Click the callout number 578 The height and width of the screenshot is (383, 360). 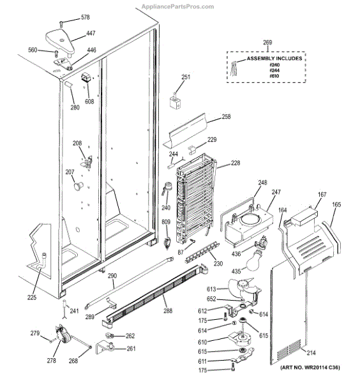click(86, 17)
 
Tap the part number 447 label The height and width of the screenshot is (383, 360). click(91, 34)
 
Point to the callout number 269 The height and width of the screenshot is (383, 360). click(267, 42)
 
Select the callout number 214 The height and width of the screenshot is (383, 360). click(311, 352)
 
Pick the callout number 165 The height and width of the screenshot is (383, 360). click(336, 204)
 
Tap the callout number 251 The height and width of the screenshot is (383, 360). click(186, 77)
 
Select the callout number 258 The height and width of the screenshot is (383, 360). click(226, 117)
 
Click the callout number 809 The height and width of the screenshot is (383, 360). click(166, 222)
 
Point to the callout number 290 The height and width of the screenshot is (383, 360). click(112, 276)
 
